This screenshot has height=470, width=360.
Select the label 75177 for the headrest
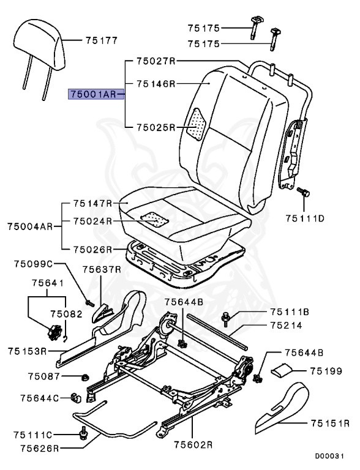(101, 41)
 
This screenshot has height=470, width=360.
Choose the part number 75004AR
(30, 226)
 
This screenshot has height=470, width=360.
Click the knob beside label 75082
(53, 332)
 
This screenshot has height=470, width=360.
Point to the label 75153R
(28, 351)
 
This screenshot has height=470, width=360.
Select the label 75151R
(329, 422)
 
